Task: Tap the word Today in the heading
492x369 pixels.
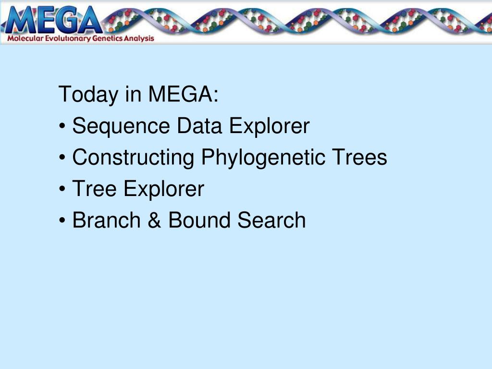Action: click(x=88, y=95)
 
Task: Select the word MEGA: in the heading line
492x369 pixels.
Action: click(x=183, y=94)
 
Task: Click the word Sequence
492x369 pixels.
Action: click(x=121, y=126)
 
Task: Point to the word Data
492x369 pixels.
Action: click(x=199, y=125)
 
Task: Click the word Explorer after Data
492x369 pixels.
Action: click(x=270, y=126)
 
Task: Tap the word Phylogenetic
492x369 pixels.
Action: click(x=263, y=158)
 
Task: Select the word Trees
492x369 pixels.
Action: click(x=359, y=157)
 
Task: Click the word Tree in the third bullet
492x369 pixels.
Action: click(x=95, y=188)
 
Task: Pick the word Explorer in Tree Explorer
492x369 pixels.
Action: click(x=164, y=189)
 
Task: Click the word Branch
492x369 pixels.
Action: click(x=107, y=220)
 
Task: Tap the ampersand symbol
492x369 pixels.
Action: click(x=154, y=220)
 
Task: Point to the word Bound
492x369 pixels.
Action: click(x=199, y=220)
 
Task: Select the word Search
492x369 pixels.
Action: click(x=271, y=220)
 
